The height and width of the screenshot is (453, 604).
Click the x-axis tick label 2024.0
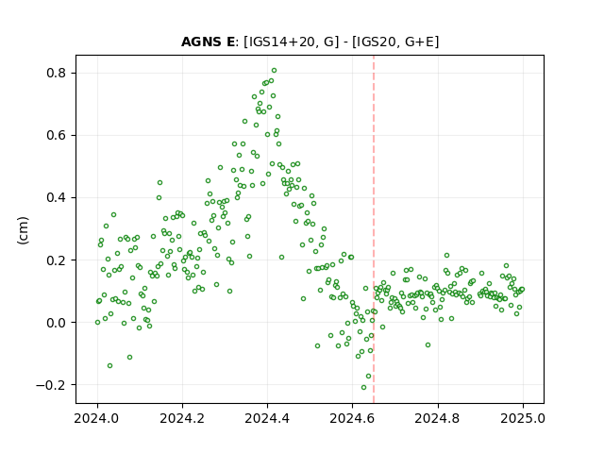[97, 418]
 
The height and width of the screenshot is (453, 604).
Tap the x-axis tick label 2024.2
[182, 418]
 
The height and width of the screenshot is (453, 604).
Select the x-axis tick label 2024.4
[267, 418]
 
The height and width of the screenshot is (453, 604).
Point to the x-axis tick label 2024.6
[352, 418]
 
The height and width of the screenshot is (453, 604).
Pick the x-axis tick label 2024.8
[437, 418]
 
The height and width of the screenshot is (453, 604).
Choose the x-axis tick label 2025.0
[523, 418]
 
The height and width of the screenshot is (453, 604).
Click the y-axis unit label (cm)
[23, 230]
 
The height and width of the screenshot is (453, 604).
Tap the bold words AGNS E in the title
[208, 42]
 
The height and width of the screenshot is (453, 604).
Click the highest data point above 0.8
[274, 71]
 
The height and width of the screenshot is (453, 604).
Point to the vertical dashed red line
[374, 229]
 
